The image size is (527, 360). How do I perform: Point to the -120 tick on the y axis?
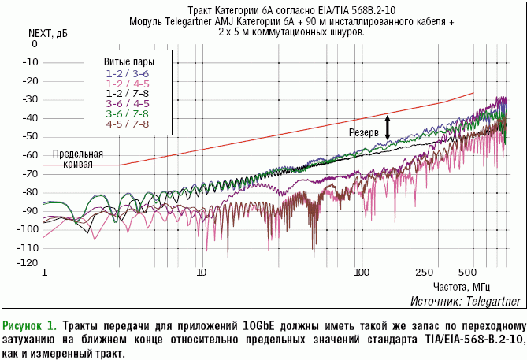coord(28,263)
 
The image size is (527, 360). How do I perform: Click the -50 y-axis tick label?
coord(30,135)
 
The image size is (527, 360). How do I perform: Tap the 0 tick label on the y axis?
coord(34,44)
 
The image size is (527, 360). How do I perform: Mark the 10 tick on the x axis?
coord(202,272)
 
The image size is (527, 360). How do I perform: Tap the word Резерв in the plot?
coord(364,132)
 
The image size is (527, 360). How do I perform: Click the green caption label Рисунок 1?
coord(30,325)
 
